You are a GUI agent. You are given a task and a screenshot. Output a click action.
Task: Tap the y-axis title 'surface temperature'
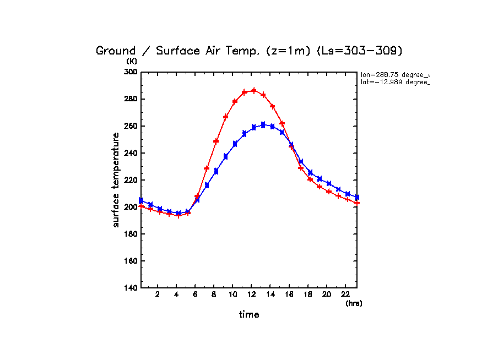tap(116, 180)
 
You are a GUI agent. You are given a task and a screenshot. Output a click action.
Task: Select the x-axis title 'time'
tap(249, 315)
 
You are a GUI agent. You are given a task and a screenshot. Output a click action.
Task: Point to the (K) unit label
tap(132, 61)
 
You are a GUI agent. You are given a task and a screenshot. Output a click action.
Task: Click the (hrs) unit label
tap(354, 303)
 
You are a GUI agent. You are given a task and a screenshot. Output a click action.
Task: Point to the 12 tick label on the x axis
tap(251, 294)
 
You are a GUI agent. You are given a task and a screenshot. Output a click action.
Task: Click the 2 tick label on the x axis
tap(158, 294)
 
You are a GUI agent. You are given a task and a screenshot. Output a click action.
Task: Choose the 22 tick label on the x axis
tap(345, 294)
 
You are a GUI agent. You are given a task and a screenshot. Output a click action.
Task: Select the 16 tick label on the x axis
tap(289, 294)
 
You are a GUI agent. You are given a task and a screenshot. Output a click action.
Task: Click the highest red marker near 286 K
tap(254, 90)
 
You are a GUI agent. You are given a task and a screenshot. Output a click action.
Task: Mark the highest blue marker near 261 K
tap(263, 124)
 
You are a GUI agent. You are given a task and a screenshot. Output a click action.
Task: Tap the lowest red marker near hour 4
tap(178, 215)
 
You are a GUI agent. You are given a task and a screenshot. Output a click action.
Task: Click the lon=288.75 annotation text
tap(394, 74)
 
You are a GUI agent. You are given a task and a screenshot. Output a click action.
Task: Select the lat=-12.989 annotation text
tap(394, 82)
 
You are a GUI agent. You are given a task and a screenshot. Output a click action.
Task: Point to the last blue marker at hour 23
tap(357, 197)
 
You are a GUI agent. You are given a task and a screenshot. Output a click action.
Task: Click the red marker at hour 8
tap(216, 141)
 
